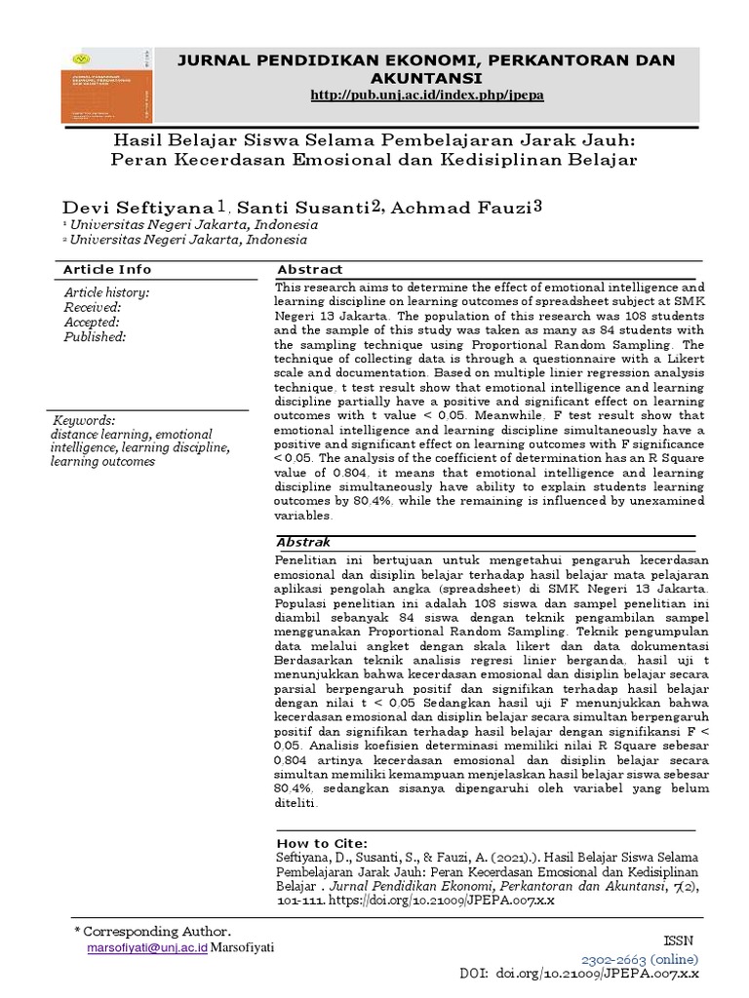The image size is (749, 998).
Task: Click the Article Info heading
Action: coord(107,269)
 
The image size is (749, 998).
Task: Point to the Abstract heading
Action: coord(310,269)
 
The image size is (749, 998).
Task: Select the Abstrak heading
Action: coord(304,542)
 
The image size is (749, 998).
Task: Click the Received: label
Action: coord(92,307)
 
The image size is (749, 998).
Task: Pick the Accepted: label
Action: coord(92,322)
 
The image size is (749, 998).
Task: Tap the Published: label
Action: coord(96,336)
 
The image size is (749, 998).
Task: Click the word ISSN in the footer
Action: coord(676,940)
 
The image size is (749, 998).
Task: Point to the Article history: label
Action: coord(106,292)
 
